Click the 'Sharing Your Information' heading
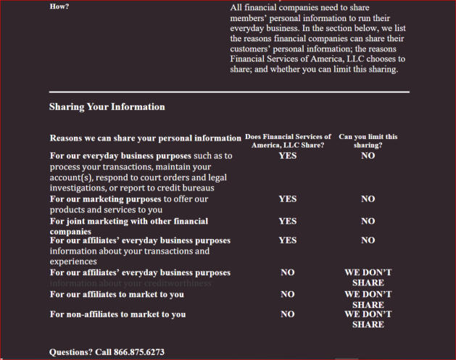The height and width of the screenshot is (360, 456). [x=107, y=106]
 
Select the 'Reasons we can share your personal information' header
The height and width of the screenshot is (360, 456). [x=145, y=138]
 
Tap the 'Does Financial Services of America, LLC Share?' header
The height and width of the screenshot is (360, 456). [x=288, y=141]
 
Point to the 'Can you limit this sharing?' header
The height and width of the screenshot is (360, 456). [x=368, y=141]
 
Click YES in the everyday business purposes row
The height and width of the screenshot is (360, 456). [x=287, y=155]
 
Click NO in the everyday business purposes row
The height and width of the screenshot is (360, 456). [x=368, y=155]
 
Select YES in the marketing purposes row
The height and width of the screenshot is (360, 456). [x=287, y=198]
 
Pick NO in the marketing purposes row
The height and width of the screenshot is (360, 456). [x=368, y=198]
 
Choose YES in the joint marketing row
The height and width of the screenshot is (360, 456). [x=287, y=221]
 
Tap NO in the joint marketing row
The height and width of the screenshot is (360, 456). [x=368, y=221]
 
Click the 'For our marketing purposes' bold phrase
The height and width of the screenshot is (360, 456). [x=106, y=198]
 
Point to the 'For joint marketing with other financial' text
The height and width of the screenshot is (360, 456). [x=128, y=221]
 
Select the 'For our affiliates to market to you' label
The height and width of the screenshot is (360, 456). [x=116, y=295]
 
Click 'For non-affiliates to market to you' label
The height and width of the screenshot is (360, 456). [x=117, y=314]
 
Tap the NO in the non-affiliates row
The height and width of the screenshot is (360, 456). [x=287, y=314]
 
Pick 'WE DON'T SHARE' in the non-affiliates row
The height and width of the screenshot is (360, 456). [x=368, y=319]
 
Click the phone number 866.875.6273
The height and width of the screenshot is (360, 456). [x=139, y=352]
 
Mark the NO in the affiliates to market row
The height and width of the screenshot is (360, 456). [x=287, y=295]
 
